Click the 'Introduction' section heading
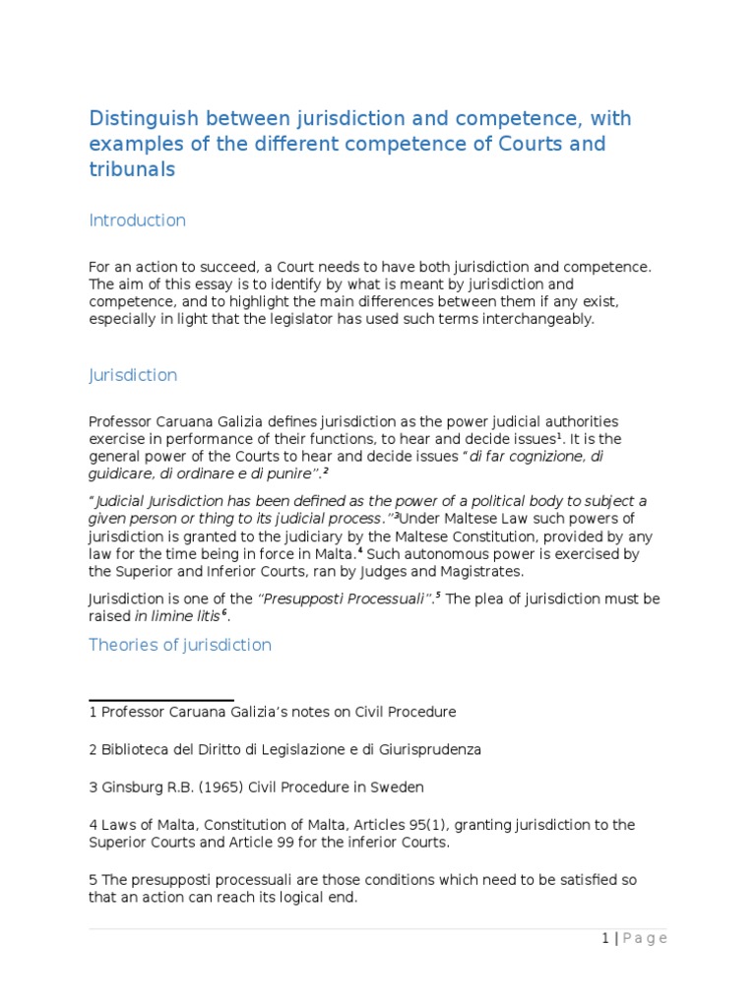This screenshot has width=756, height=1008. [x=137, y=220]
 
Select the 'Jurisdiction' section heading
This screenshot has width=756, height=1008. [x=133, y=375]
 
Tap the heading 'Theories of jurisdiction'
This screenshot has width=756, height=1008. [x=180, y=645]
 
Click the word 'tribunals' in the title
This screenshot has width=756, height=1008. [x=132, y=169]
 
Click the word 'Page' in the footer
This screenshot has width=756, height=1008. [x=645, y=938]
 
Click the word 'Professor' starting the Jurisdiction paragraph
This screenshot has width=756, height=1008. [x=124, y=421]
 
